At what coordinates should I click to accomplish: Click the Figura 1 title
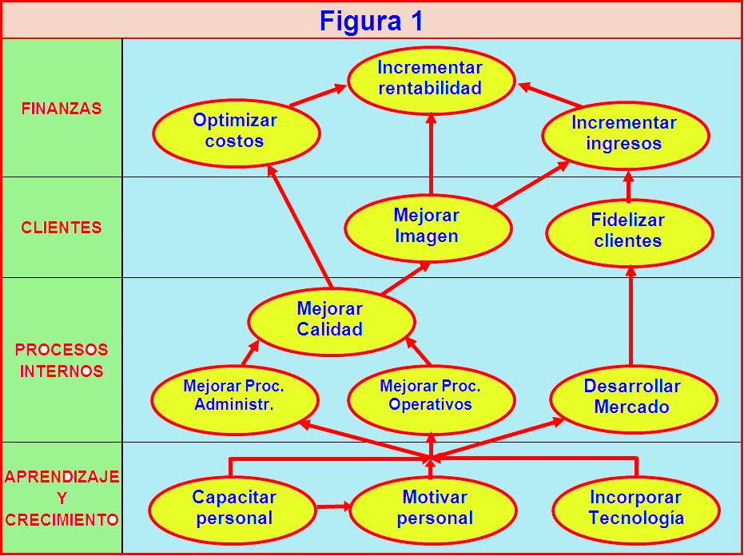point(372,20)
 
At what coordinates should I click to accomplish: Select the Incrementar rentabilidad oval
point(430,78)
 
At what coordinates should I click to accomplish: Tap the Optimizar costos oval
point(236,131)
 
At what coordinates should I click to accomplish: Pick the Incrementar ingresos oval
point(625,133)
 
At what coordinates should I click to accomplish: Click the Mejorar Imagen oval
point(428,226)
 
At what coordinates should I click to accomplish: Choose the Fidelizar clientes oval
point(629,231)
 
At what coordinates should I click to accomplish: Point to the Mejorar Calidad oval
point(331,320)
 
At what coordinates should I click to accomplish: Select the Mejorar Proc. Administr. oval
point(235,395)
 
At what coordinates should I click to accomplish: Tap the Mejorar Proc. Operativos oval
point(431,395)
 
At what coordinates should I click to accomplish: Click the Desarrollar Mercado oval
point(633,396)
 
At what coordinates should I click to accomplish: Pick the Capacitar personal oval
point(233,508)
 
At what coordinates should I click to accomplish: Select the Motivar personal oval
point(434,508)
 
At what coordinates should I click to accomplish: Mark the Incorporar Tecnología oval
point(636,508)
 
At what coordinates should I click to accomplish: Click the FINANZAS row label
point(62,109)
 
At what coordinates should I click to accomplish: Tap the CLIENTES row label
point(62,228)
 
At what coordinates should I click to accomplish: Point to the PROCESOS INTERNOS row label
point(61,360)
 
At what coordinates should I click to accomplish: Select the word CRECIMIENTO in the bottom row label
point(62,519)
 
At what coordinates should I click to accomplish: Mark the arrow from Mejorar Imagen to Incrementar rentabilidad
point(431,154)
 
